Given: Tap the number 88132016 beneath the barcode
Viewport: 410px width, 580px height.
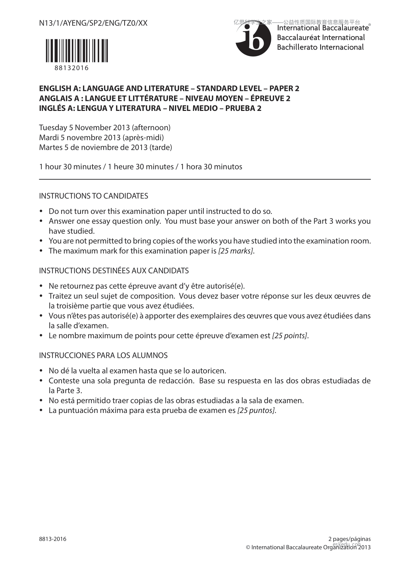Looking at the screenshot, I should tap(72, 68).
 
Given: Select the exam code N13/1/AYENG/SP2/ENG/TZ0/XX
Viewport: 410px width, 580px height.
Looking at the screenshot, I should tap(93, 23).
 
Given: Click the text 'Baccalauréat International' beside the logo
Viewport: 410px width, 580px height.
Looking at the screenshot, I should tap(321, 38).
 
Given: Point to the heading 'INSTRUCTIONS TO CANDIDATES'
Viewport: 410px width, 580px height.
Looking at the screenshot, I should tap(94, 196).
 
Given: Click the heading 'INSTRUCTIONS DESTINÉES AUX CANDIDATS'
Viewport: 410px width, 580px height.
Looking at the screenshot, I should tap(114, 271).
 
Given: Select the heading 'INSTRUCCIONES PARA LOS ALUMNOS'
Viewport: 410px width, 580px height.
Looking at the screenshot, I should tap(103, 355).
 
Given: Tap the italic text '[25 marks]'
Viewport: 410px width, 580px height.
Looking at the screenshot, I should tap(236, 251).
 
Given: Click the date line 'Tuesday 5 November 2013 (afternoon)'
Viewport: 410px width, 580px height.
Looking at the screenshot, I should tap(105, 128).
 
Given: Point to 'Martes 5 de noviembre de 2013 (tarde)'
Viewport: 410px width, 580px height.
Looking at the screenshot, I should tap(106, 147).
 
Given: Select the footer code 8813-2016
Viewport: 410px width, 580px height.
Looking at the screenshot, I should tap(53, 539).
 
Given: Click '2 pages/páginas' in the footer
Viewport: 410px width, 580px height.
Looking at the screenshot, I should tap(349, 539).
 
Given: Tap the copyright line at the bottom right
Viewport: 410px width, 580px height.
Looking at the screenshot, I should tap(308, 547).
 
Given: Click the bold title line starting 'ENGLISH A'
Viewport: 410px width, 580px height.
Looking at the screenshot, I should tap(169, 89).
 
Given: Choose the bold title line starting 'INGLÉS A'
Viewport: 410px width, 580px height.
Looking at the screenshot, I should tap(150, 108).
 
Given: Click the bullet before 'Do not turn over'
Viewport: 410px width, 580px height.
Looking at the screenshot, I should tap(42, 211).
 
